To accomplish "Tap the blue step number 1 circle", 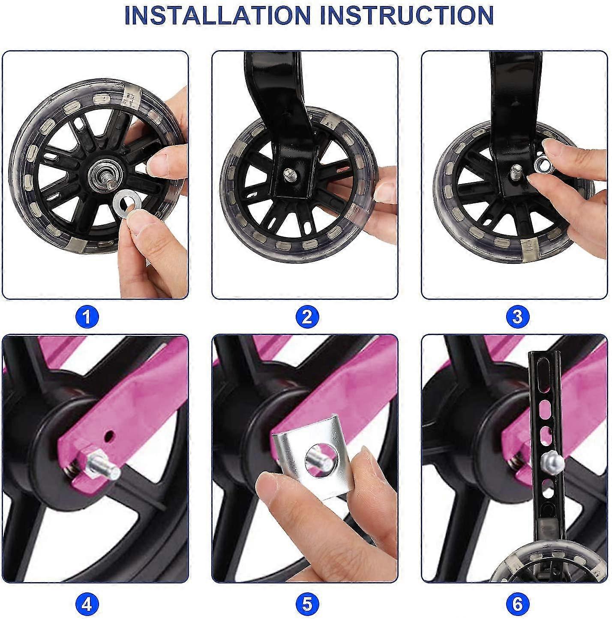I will click(x=87, y=317).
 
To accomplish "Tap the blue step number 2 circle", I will click(x=307, y=317).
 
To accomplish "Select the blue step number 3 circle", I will click(x=518, y=317).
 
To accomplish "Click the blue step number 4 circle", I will click(x=87, y=604).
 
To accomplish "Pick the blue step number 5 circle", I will click(x=307, y=604).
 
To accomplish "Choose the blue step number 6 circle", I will click(x=518, y=604).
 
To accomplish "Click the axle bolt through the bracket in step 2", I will click(x=288, y=174).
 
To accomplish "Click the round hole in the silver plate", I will click(x=320, y=458).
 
